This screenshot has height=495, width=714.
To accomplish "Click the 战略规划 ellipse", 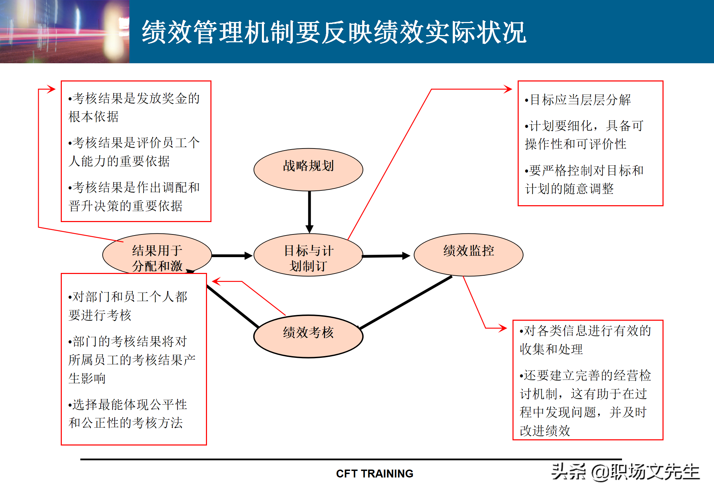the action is pos(308,169).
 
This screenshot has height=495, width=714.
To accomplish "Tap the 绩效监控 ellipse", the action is pos(469,254).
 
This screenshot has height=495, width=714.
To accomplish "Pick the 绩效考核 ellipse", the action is pos(308,336).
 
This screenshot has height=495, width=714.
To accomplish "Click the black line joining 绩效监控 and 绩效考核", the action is pos(405,302).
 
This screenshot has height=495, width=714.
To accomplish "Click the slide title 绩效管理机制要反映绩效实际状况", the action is pos(334,32).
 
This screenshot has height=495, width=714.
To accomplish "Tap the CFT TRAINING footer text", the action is pos(375,474).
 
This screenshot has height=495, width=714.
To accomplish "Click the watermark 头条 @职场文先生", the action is pos(625,472).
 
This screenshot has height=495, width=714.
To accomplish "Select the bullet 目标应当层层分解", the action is pos(578,100).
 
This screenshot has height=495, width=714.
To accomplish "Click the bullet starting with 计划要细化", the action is pos(584,135).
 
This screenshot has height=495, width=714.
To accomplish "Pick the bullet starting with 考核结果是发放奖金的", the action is pos(134,108).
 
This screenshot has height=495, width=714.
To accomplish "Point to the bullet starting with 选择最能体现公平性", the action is pos(128,414).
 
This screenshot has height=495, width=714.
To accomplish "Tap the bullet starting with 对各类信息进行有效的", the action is pos(585,340).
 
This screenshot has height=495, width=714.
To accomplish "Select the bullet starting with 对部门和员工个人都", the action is pos(128,306).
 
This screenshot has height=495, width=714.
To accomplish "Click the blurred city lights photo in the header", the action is pos(65,32).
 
